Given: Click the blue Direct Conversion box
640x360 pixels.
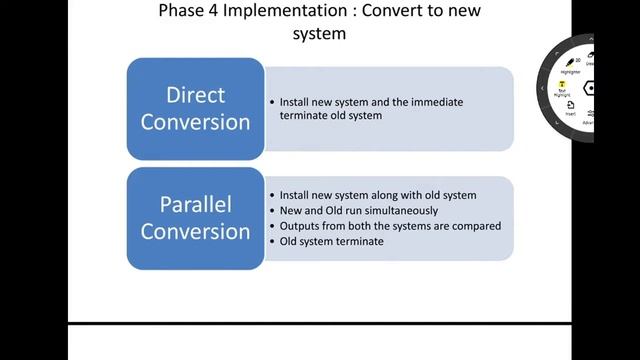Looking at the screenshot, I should [195, 109].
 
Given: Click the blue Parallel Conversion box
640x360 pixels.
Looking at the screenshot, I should [195, 218].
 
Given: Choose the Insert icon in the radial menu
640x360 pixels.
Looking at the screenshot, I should [570, 111].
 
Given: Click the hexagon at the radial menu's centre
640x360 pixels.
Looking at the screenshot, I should [589, 88].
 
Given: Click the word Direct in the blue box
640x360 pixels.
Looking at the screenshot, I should [195, 96].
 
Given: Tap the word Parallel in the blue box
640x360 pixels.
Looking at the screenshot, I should [195, 205].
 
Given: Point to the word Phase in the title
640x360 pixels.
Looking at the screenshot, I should [180, 13].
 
